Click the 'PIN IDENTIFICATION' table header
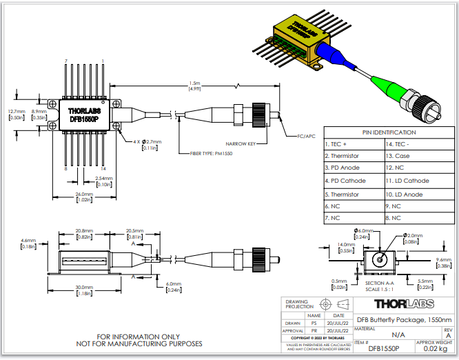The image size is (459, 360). point(389,132)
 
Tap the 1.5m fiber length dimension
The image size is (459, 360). point(195,85)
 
